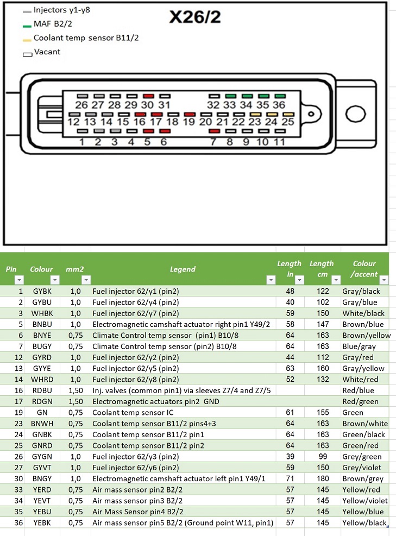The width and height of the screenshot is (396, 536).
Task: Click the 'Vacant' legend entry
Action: tap(47, 52)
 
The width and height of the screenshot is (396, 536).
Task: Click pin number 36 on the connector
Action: tap(279, 104)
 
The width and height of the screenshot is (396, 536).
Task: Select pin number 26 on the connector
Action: tap(81, 104)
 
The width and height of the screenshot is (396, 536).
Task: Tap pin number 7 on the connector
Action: tap(213, 142)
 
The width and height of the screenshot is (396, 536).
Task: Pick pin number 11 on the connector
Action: tap(279, 142)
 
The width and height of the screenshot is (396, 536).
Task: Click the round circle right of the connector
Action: tap(355, 115)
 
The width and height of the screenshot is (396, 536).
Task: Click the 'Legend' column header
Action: tap(183, 269)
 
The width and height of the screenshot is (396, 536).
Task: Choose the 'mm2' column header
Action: tap(74, 269)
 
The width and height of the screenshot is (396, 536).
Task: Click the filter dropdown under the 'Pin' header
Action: tap(19, 280)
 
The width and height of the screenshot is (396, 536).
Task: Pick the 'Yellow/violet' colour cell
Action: tap(364, 501)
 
